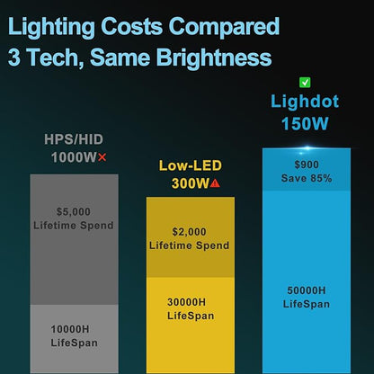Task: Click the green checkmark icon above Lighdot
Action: (x=305, y=83)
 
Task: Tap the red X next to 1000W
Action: (x=102, y=157)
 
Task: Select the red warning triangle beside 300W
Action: (x=215, y=183)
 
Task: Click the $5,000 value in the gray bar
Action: (x=74, y=211)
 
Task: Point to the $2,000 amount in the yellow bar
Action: (x=189, y=232)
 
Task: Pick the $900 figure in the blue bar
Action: (x=307, y=165)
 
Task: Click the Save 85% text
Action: (x=307, y=178)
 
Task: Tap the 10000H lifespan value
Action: (x=70, y=329)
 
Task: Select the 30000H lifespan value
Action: (x=186, y=302)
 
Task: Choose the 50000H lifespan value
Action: (x=307, y=290)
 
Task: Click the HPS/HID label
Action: (x=74, y=139)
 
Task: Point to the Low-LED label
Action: (x=191, y=165)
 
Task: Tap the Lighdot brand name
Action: (x=305, y=102)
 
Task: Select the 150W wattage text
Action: (x=305, y=123)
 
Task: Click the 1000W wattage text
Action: (x=74, y=157)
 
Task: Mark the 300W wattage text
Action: (x=190, y=183)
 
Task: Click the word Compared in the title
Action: (x=224, y=26)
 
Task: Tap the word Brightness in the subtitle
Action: (x=214, y=57)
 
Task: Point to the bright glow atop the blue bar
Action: (x=307, y=147)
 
